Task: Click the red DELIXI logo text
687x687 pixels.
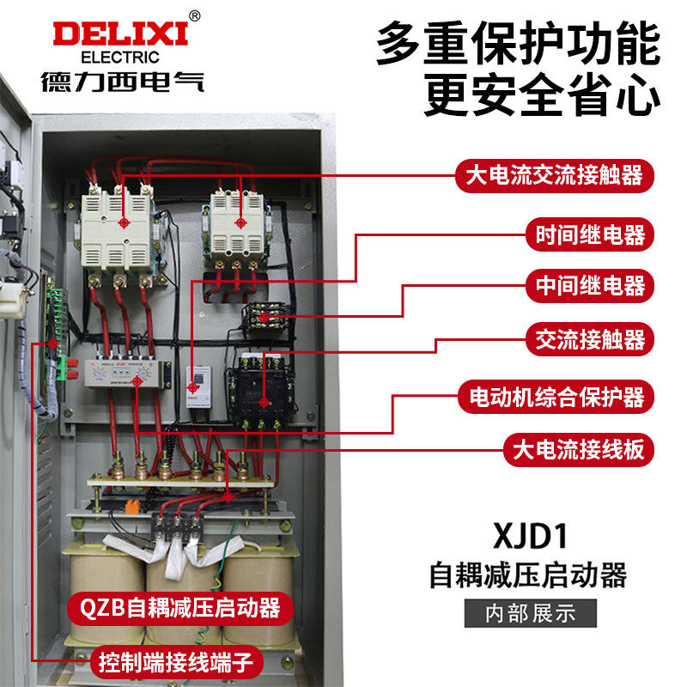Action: [120, 34]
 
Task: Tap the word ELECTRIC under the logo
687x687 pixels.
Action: [120, 58]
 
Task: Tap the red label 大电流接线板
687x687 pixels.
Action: [577, 448]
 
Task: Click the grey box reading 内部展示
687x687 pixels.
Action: [529, 613]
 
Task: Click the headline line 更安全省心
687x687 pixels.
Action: [543, 96]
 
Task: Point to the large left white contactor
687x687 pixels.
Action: [118, 228]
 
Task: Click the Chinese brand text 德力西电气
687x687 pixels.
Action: [120, 83]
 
